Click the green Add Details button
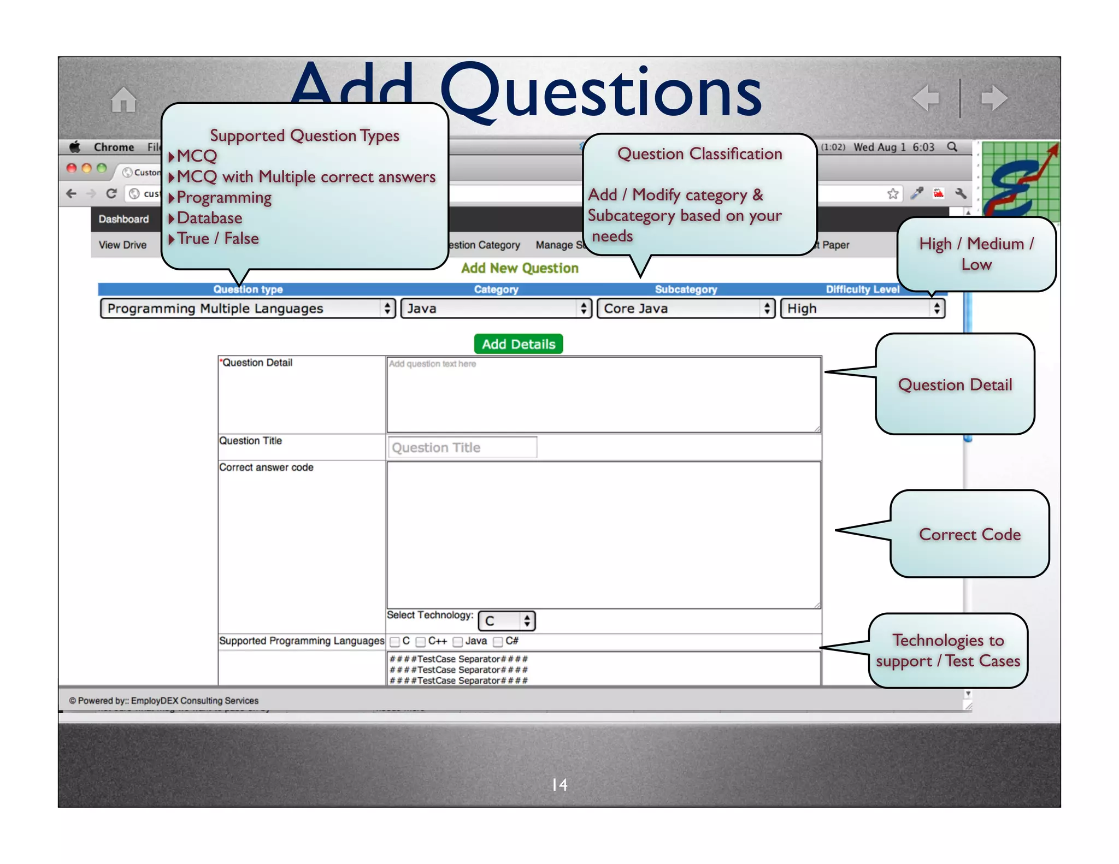518,344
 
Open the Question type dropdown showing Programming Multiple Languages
248,309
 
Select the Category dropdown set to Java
496,309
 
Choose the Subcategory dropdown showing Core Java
685,309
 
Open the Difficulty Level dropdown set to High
862,309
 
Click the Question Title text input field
462,447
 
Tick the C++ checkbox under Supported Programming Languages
421,642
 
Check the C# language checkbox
498,642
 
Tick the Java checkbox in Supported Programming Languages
458,642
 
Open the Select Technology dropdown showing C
507,621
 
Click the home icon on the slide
123,99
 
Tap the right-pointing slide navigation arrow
994,98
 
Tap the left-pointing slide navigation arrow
926,98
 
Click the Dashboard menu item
123,219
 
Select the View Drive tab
122,245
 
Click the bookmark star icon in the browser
893,194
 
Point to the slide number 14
559,785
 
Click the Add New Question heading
520,268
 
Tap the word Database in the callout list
209,218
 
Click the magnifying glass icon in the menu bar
952,147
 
